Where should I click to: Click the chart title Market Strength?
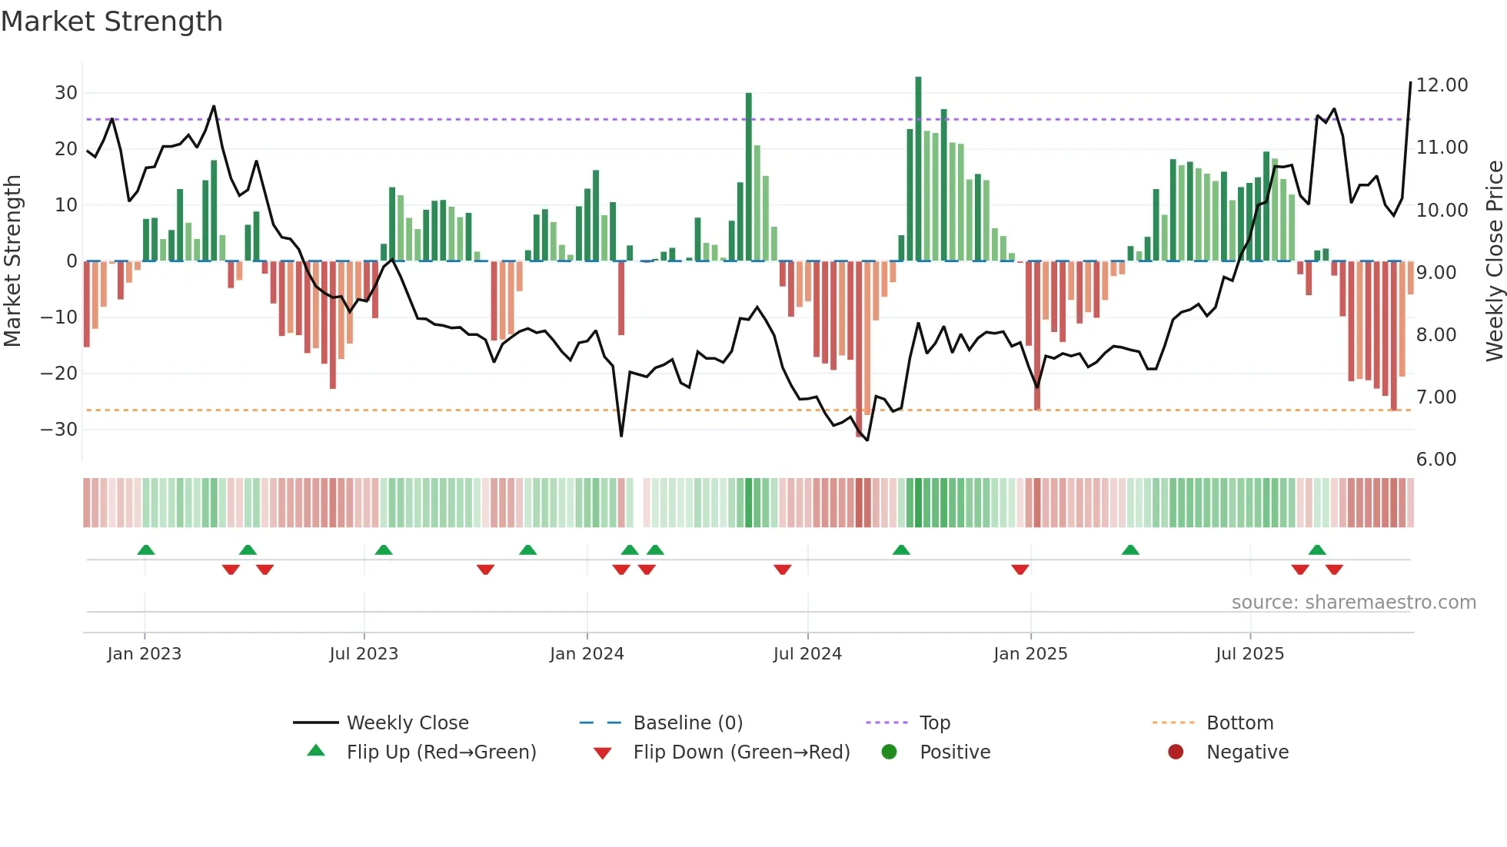pos(111,22)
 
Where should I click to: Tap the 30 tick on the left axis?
pos(66,93)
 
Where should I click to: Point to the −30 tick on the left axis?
pos(59,429)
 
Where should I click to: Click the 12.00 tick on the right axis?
pos(1442,85)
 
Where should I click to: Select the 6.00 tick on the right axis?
pos(1435,460)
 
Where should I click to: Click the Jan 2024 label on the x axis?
pos(587,654)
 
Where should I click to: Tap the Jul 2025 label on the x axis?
pos(1249,654)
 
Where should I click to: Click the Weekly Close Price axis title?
pos(1494,261)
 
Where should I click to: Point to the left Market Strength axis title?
pos(12,261)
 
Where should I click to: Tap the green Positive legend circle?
pos(890,752)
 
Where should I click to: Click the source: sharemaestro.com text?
pos(1353,603)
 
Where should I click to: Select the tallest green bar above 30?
pos(918,169)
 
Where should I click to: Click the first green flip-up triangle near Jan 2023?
pos(146,550)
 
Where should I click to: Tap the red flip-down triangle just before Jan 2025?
pos(1020,570)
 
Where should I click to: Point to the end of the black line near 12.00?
pos(1410,82)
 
